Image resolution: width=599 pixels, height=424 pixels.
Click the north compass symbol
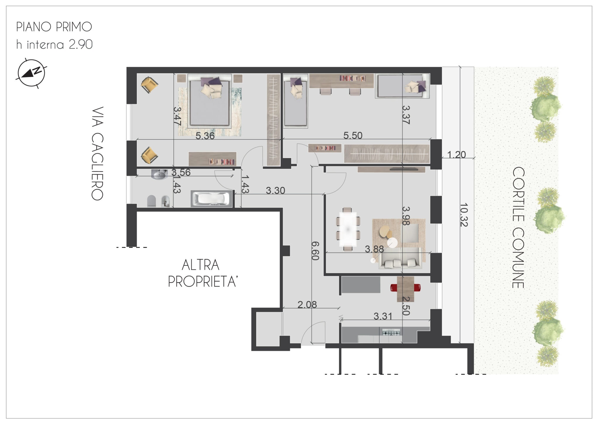(31, 73)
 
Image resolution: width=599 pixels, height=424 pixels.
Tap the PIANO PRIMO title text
(54, 27)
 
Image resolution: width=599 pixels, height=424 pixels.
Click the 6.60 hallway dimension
(315, 251)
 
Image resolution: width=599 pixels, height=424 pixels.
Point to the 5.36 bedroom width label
(205, 136)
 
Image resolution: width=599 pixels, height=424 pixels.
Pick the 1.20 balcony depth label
(456, 154)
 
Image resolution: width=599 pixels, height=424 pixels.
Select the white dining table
(348, 229)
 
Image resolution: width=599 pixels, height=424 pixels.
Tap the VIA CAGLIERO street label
(97, 153)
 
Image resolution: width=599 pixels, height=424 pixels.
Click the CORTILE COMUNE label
(518, 227)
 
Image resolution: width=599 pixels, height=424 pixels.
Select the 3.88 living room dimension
(374, 249)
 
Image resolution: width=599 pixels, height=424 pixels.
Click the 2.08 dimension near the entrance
(307, 305)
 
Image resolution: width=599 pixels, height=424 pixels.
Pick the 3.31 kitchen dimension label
(383, 316)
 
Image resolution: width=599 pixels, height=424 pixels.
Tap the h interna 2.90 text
(54, 44)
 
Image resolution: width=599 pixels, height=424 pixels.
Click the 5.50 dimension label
(353, 135)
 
